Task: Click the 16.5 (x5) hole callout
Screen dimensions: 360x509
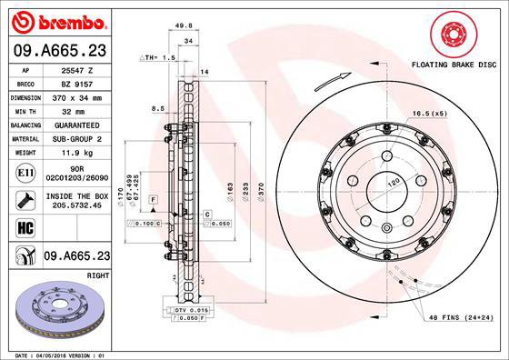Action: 429,114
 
